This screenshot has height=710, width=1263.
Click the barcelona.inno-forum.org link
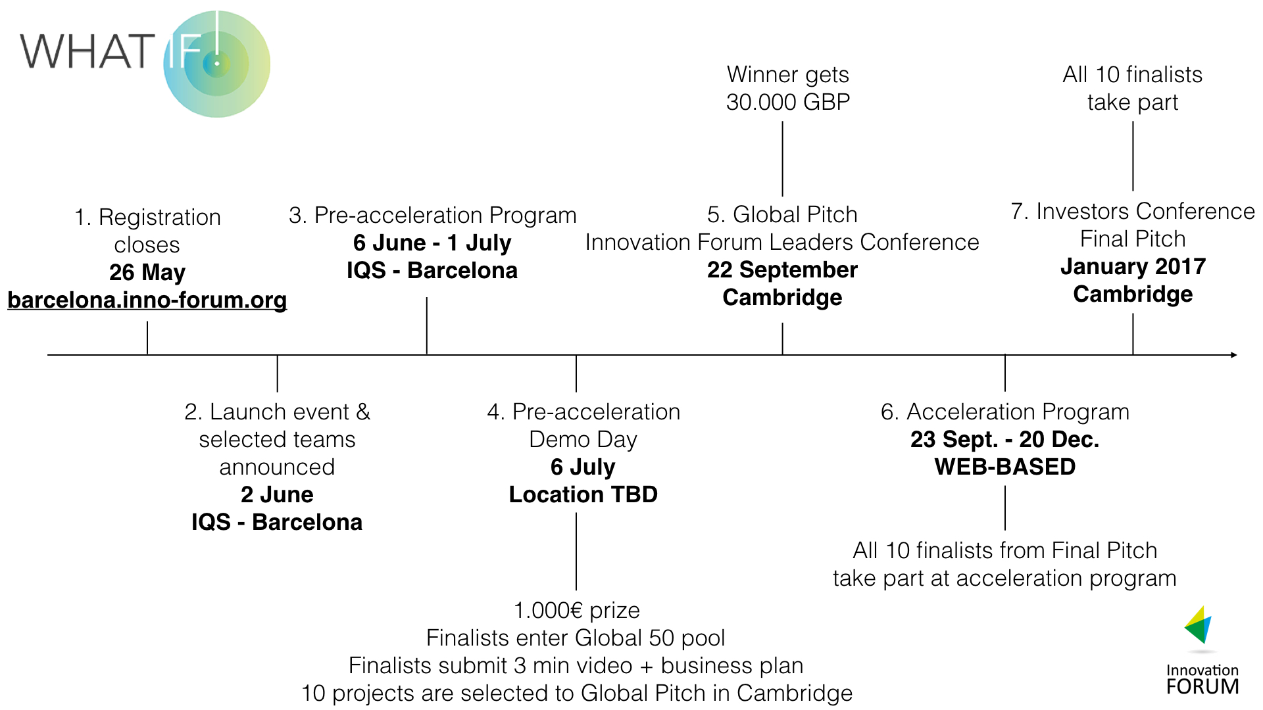click(x=147, y=300)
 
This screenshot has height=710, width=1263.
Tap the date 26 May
click(x=147, y=272)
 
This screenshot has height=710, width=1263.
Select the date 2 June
click(x=277, y=494)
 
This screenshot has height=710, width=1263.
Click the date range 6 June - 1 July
click(x=432, y=243)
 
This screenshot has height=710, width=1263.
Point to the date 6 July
click(x=583, y=467)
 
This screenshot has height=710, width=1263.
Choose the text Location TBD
click(x=583, y=494)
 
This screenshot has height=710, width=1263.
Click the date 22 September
click(x=782, y=270)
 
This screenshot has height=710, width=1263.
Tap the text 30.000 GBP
click(x=787, y=102)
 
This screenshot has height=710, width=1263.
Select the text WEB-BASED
click(x=1004, y=467)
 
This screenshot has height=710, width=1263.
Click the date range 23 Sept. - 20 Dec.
click(x=1004, y=439)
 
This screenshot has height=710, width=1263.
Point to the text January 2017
click(x=1132, y=266)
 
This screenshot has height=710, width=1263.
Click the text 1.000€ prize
click(x=576, y=610)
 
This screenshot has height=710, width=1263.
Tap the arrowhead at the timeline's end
click(x=1233, y=355)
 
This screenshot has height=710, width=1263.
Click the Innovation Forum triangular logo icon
click(x=1199, y=626)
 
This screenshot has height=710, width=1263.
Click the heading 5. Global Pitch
click(x=782, y=214)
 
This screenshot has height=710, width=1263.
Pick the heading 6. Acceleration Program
click(x=1004, y=412)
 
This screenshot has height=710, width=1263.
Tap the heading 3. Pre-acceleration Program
click(x=432, y=215)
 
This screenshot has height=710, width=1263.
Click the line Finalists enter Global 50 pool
click(x=576, y=638)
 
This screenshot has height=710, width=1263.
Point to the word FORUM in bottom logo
click(x=1202, y=687)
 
